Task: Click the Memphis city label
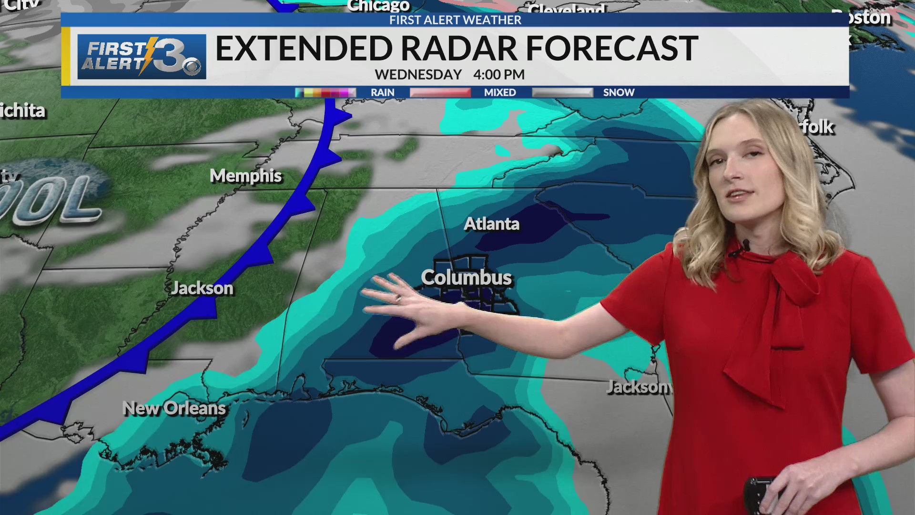point(246,176)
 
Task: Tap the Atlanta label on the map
point(491,224)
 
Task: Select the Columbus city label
point(466,278)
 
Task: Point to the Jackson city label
point(202,288)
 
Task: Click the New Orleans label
point(174,409)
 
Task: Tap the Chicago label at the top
point(378,6)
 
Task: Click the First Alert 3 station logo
point(142,56)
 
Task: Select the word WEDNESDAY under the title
point(418,75)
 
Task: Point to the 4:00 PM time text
point(498,75)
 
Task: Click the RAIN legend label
point(382,93)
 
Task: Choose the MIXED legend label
point(500,93)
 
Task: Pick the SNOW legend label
point(619,93)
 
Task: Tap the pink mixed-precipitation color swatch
point(440,93)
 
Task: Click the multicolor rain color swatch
point(325,93)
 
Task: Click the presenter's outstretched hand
point(405,310)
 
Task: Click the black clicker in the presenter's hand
point(758,494)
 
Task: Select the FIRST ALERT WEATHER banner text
point(455,20)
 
